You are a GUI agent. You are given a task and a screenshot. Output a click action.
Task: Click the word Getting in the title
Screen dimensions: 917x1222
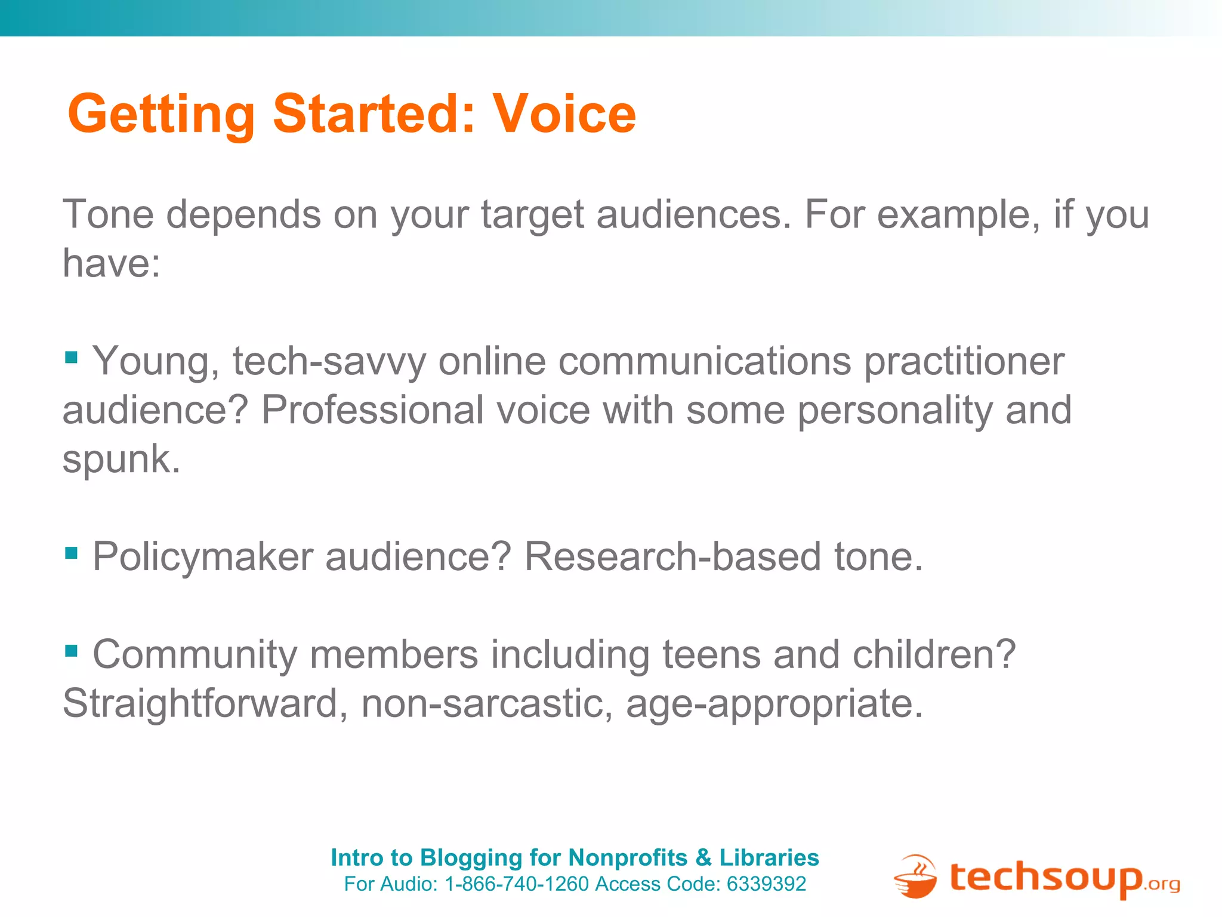(x=161, y=115)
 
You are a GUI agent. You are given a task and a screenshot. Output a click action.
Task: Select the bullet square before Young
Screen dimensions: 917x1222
(x=71, y=358)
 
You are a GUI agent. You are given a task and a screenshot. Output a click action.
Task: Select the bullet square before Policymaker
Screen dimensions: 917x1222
(x=71, y=553)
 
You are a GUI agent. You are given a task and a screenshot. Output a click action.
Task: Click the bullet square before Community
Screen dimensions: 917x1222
(x=71, y=650)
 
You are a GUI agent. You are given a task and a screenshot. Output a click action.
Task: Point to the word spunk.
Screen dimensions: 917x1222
(x=121, y=460)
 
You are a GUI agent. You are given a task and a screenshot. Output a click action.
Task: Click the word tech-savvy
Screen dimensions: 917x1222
(x=329, y=362)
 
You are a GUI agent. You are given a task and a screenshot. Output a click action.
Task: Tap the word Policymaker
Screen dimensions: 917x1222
(x=203, y=557)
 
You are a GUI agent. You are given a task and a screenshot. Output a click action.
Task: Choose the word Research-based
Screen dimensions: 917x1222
(x=672, y=557)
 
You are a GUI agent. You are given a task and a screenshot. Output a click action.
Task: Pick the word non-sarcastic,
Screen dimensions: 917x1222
(x=487, y=703)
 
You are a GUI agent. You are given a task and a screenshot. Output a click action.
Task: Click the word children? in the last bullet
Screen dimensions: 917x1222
(x=934, y=654)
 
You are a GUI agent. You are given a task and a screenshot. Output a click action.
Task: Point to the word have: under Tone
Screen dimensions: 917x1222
(x=112, y=263)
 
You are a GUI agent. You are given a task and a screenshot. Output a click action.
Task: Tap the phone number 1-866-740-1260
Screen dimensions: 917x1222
(x=517, y=884)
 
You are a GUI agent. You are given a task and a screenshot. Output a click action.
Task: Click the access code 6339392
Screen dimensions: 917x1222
(x=766, y=884)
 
